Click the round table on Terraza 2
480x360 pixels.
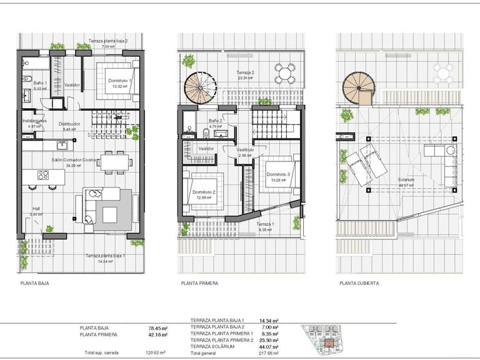click(x=284, y=74)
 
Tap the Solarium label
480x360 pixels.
click(x=406, y=179)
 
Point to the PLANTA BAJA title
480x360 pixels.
click(x=34, y=283)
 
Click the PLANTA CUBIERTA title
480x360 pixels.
click(x=359, y=283)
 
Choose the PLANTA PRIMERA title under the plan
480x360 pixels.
click(x=199, y=283)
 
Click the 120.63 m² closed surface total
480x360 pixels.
click(x=155, y=353)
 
